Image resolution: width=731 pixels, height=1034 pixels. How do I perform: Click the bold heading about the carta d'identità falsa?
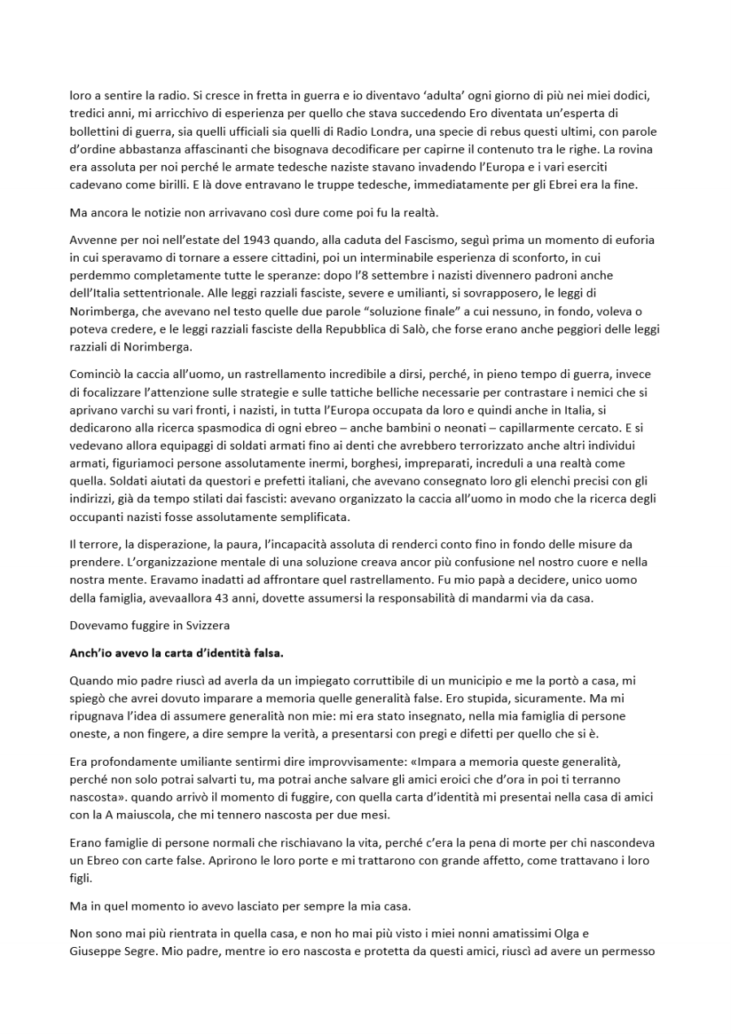176,653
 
